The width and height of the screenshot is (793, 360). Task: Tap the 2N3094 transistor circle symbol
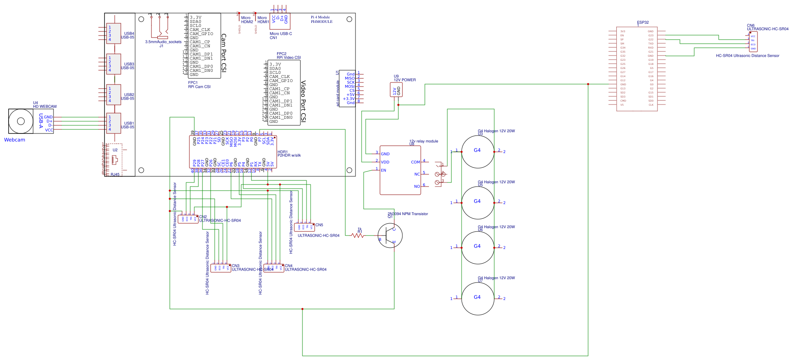pos(390,236)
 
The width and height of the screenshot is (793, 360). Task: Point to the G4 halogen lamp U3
pos(478,151)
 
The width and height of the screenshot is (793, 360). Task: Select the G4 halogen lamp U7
pos(478,298)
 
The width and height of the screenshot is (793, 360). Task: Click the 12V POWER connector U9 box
pos(397,91)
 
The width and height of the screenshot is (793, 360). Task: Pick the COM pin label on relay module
pos(415,162)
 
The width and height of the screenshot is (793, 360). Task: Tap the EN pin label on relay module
pos(383,170)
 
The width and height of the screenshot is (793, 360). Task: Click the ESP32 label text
pos(642,22)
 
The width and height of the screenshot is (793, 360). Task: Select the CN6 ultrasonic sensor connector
pos(753,42)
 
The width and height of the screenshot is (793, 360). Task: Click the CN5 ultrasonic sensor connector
pos(304,227)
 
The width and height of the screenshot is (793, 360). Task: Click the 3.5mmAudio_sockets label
pos(163,42)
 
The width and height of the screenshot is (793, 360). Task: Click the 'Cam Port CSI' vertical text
pos(223,53)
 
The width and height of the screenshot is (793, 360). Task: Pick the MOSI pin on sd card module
pos(349,87)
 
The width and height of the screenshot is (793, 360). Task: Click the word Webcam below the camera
pos(15,140)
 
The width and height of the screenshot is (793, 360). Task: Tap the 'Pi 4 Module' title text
pos(320,17)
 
